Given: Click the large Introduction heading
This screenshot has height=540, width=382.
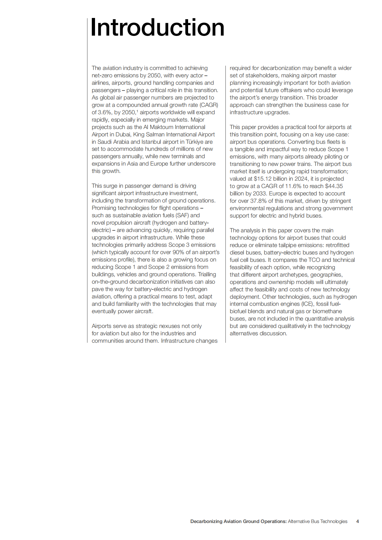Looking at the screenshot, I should point(157,28).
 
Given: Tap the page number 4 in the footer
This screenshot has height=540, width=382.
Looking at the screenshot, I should point(357,521).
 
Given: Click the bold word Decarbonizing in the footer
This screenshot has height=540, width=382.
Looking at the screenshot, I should point(206,521).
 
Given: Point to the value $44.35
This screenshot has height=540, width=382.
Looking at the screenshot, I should point(334,186).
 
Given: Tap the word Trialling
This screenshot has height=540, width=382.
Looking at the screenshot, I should point(207,274).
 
